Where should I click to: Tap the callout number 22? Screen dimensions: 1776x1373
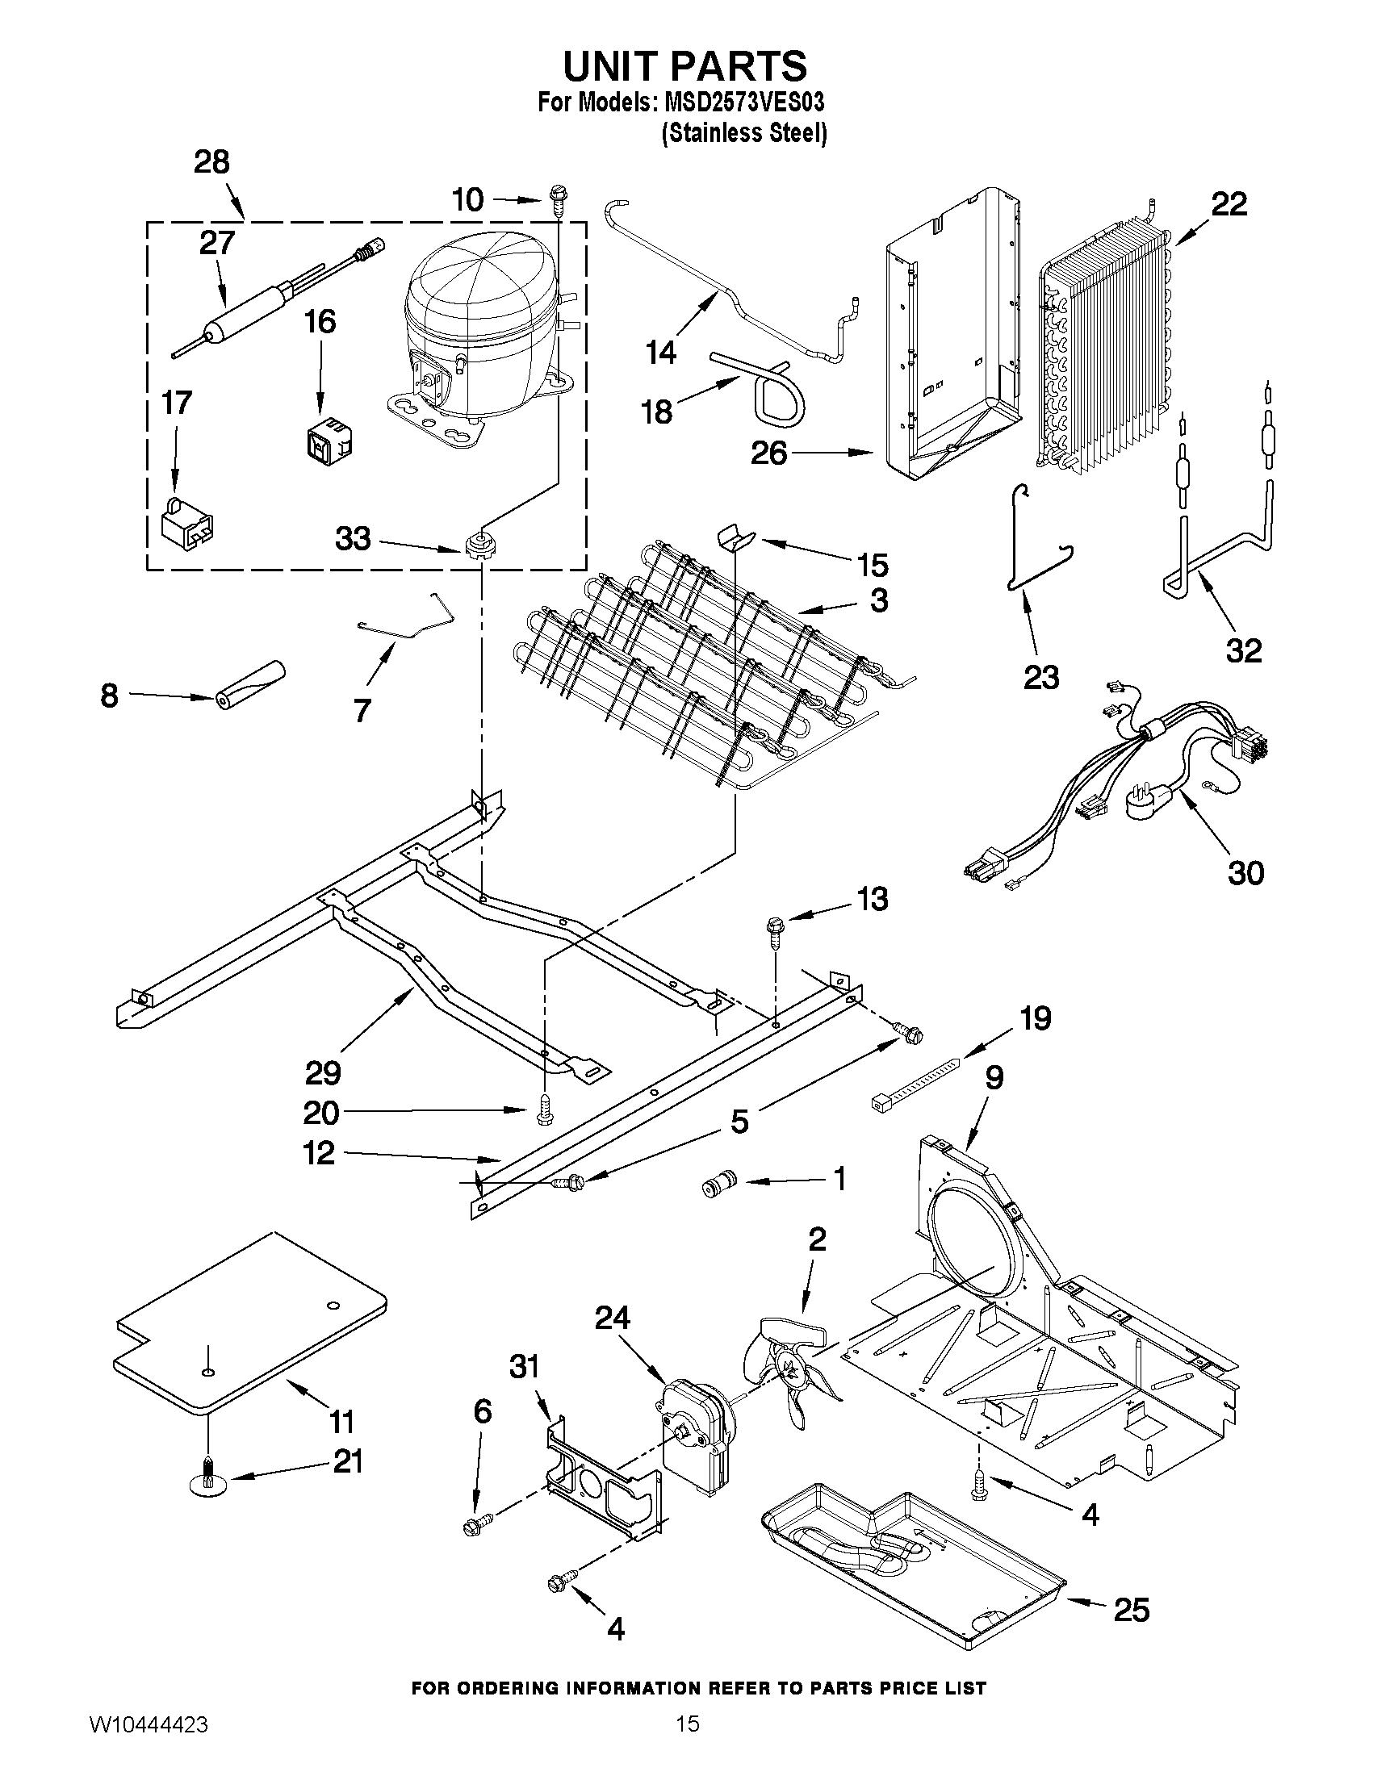coord(1229,204)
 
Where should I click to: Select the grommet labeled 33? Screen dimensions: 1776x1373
coord(480,543)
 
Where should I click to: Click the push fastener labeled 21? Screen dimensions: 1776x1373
coord(209,1483)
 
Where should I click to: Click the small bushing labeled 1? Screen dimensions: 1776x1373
coord(718,1185)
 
